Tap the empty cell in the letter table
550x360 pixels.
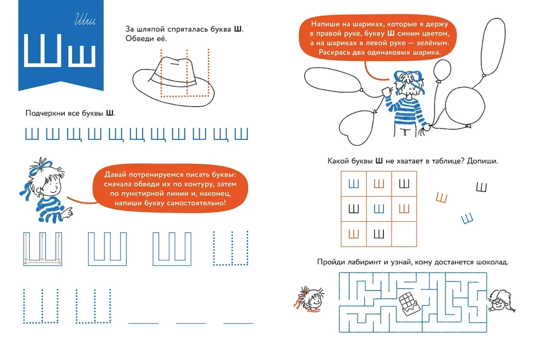(x=404, y=234)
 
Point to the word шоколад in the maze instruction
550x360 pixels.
(x=492, y=262)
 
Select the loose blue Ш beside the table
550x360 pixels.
(x=467, y=219)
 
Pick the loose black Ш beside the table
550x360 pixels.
(x=482, y=187)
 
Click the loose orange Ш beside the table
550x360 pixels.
(x=442, y=198)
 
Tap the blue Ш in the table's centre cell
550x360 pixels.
(x=379, y=209)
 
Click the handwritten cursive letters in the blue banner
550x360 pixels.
(x=85, y=20)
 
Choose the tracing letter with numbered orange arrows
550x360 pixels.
(x=42, y=249)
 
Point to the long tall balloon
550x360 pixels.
(x=493, y=47)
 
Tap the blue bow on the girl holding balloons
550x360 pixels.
(x=408, y=78)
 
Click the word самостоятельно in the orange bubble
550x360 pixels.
(x=195, y=203)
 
